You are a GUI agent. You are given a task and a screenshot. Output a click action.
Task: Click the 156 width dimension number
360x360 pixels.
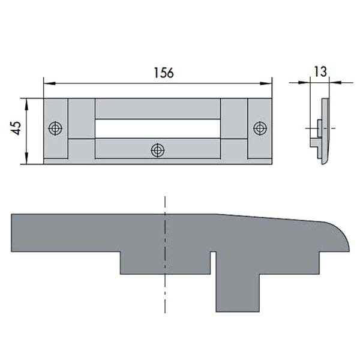pyautogui.click(x=164, y=73)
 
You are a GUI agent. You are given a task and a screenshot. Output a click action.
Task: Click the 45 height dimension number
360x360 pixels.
pyautogui.click(x=17, y=128)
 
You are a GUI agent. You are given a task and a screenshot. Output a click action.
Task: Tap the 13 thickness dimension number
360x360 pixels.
pyautogui.click(x=320, y=71)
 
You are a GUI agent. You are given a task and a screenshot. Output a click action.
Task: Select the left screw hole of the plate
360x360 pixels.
pyautogui.click(x=55, y=128)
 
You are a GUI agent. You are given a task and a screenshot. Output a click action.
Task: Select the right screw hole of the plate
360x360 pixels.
pyautogui.click(x=260, y=128)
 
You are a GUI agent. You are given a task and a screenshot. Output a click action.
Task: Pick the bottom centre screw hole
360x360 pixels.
pyautogui.click(x=158, y=151)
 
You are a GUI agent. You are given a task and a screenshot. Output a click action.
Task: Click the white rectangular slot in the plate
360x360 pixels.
pyautogui.click(x=158, y=128)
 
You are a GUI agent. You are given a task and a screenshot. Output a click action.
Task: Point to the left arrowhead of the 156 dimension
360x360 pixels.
pyautogui.click(x=49, y=83)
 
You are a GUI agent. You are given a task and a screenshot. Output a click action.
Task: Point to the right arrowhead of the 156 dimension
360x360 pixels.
pyautogui.click(x=266, y=83)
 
